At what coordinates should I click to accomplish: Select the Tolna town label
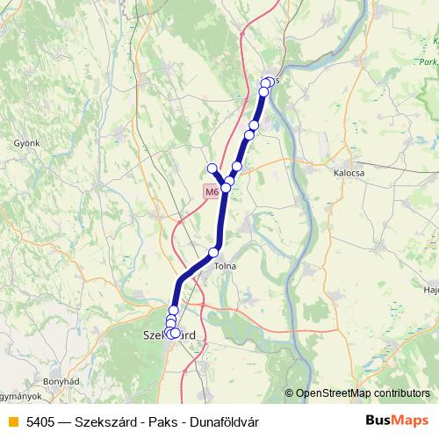click(x=226, y=265)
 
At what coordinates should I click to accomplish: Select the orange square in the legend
click(x=12, y=421)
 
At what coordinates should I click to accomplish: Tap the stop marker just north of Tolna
click(x=213, y=253)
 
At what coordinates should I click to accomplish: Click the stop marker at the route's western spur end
click(x=212, y=168)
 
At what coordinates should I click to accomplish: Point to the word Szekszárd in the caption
click(x=107, y=421)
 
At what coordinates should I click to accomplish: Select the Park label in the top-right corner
click(x=427, y=62)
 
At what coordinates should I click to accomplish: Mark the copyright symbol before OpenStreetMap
click(x=289, y=393)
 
